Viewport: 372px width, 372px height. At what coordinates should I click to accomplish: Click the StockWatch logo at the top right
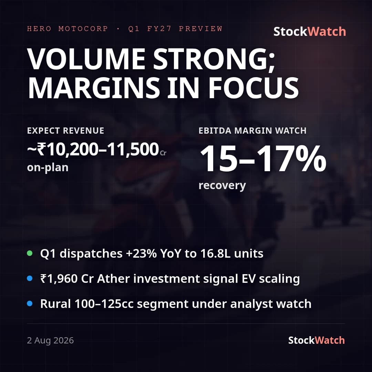point(310,32)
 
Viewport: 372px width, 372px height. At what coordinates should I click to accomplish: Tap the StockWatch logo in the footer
point(316,340)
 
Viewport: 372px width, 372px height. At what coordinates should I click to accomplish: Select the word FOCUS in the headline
point(254,87)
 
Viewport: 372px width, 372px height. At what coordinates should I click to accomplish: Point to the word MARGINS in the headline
point(94,87)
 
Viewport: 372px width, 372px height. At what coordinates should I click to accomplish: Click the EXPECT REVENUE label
point(66,131)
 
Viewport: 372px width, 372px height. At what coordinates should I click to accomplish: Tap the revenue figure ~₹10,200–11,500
point(93,149)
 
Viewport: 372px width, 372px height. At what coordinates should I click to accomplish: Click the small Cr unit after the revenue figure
point(163,153)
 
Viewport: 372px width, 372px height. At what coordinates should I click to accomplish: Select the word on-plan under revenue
point(48,168)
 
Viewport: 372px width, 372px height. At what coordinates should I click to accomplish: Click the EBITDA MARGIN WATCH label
point(252,131)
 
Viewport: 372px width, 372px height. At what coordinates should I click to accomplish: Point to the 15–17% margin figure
point(263,158)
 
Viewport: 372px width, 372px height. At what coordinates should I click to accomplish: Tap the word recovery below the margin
point(222,186)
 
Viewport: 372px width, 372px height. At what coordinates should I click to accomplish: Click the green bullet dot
point(30,253)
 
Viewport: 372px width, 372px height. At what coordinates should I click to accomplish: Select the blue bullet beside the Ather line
point(30,278)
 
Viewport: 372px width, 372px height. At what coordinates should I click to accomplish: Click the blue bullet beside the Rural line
point(30,303)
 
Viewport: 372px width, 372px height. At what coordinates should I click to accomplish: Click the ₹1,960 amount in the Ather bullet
point(59,279)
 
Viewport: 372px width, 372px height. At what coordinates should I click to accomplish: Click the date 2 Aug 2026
point(50,340)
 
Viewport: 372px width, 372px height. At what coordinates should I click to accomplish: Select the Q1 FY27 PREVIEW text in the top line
point(175,29)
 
